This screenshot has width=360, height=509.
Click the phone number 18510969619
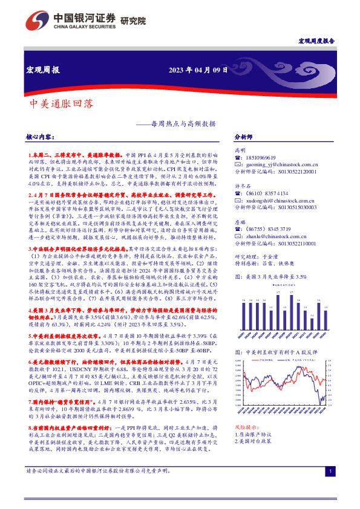pos(261,157)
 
